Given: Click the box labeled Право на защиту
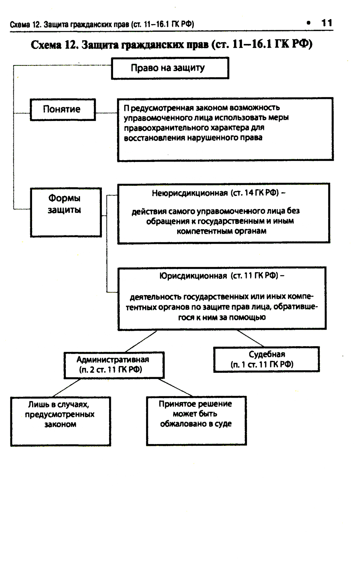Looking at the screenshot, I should click(170, 68).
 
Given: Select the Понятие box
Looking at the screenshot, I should click(63, 109).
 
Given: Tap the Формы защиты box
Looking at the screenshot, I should click(66, 212).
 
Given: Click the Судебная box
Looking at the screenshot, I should click(266, 359).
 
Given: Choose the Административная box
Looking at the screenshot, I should click(114, 365).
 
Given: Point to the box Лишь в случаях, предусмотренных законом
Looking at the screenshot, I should click(60, 421).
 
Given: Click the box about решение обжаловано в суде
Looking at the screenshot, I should click(196, 420).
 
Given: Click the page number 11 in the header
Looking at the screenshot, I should click(327, 23).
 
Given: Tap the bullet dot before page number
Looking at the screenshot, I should click(308, 23).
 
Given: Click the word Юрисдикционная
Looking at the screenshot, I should click(193, 276).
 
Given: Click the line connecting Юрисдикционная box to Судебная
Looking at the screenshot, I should click(251, 338).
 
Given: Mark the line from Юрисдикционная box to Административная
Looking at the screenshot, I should click(141, 341).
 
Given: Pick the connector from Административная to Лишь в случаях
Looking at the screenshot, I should click(67, 388).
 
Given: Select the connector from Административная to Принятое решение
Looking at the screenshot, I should click(175, 387).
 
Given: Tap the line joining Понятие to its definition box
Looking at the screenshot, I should click(107, 113).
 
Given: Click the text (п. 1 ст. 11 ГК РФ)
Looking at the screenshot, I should click(262, 365).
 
